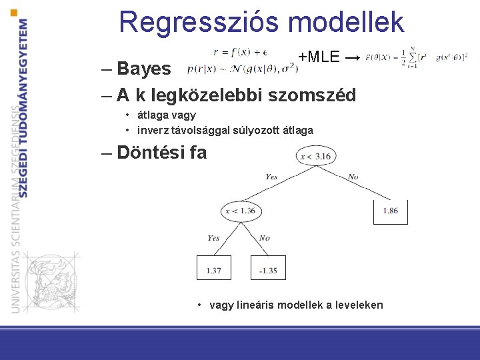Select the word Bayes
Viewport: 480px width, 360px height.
143,69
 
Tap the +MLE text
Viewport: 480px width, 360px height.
319,57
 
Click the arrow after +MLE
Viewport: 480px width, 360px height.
354,58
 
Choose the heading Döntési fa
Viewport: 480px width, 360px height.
161,153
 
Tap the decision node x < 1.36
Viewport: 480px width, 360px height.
240,211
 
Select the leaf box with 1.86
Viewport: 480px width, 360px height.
390,211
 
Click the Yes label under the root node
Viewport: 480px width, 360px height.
271,177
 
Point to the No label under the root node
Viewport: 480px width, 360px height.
353,177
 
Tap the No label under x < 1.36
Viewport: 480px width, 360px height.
264,238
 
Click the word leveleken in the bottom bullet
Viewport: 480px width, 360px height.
359,305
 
